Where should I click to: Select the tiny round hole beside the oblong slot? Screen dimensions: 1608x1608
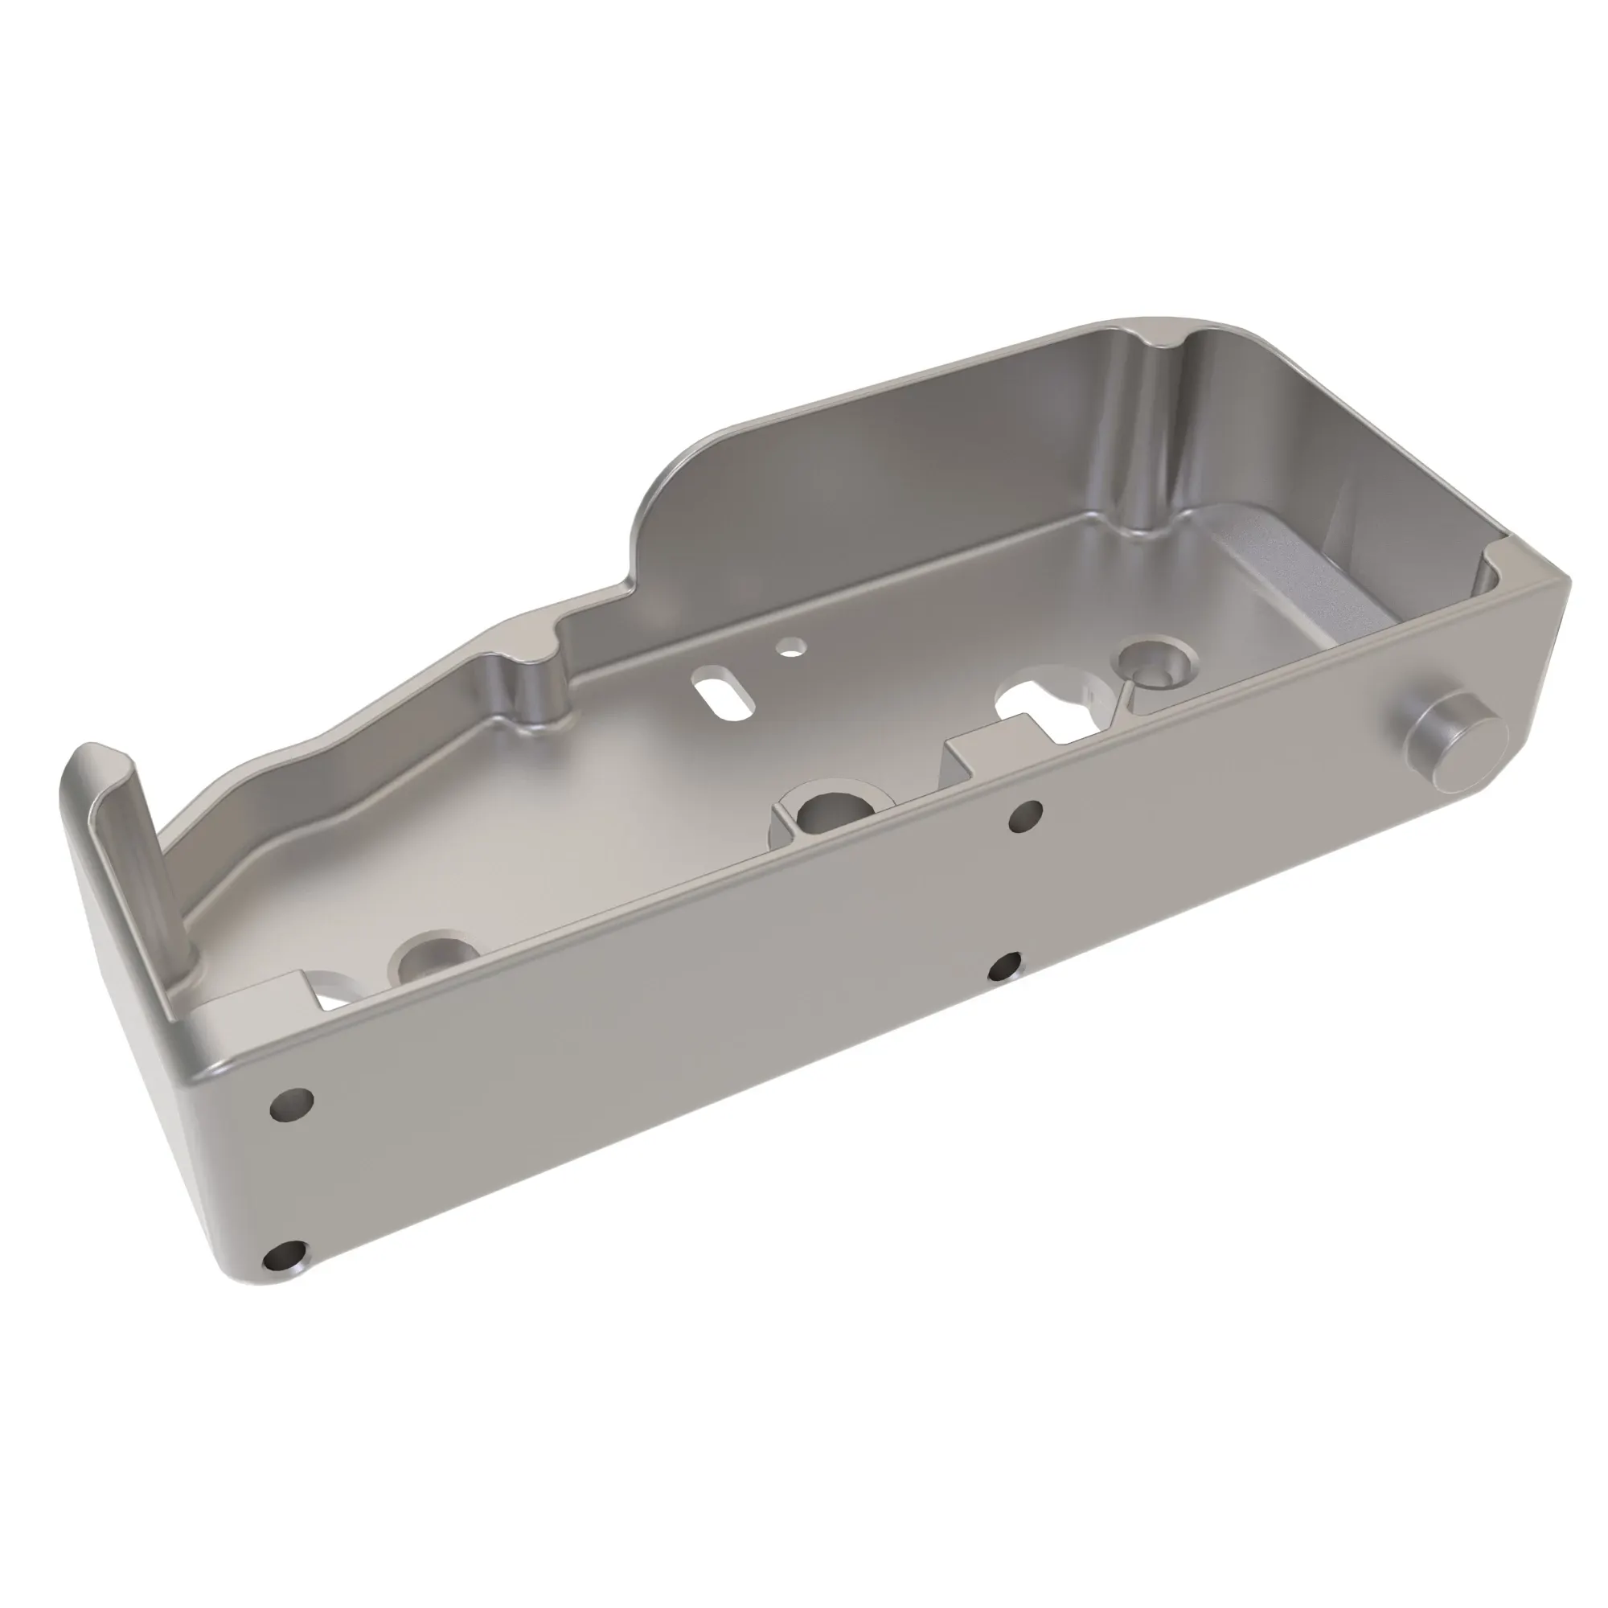[x=790, y=645]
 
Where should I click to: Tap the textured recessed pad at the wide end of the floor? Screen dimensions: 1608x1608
[x=1298, y=574]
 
